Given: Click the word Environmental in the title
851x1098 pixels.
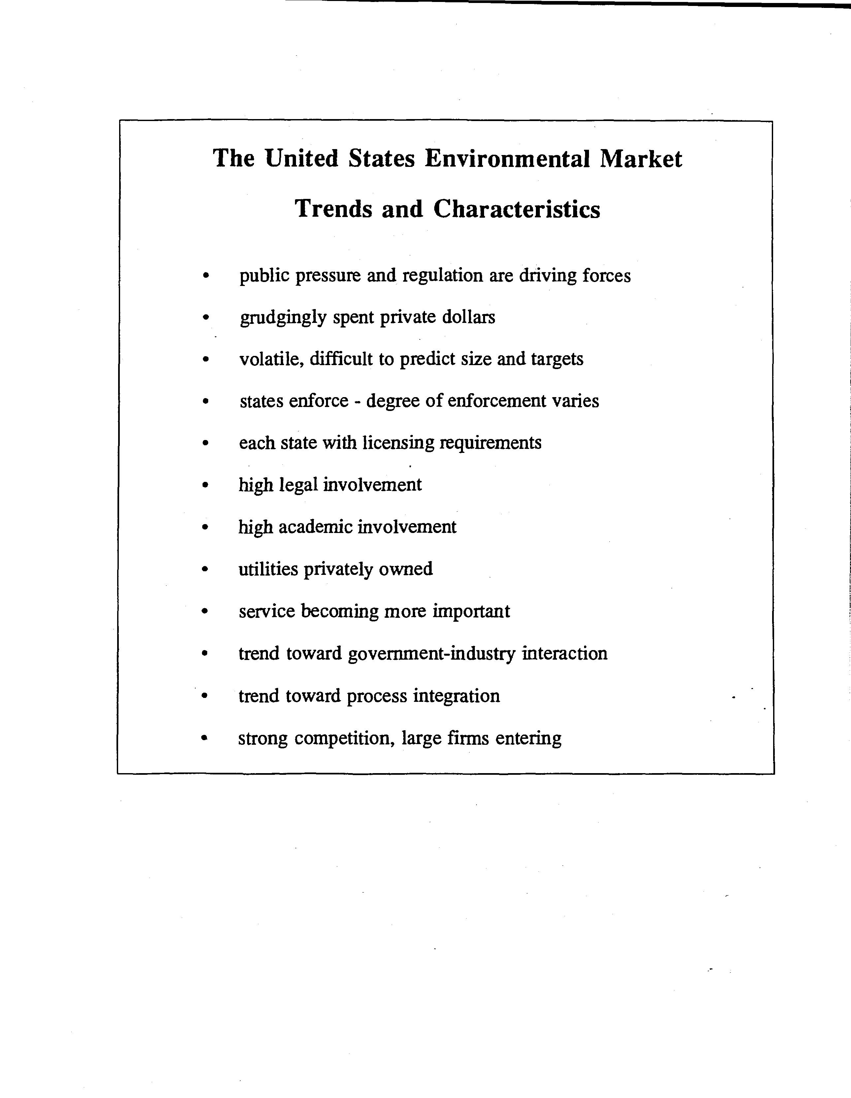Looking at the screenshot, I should (x=507, y=159).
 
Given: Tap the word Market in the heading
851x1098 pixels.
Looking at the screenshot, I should (x=641, y=159).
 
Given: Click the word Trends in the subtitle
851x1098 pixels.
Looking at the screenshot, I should (x=334, y=209).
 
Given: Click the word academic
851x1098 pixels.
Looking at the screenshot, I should (x=315, y=527).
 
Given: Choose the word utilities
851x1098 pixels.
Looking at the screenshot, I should (x=268, y=570).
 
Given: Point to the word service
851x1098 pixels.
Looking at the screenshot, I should (x=267, y=612).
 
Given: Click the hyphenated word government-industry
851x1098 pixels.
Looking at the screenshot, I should (x=432, y=654).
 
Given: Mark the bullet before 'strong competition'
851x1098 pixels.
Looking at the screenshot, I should (x=204, y=738).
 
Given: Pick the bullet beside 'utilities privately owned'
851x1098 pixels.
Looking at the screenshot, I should (x=204, y=570).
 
